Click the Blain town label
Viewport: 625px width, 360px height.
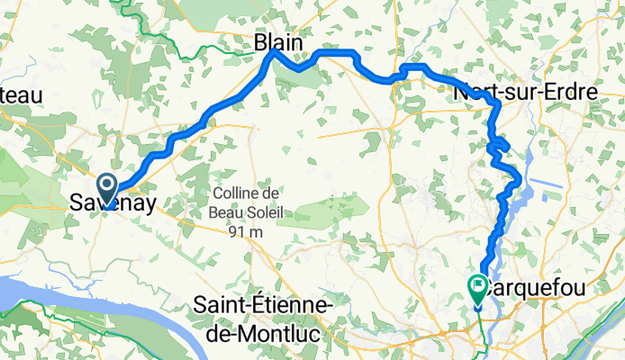(277, 42)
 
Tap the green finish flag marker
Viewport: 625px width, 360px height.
(477, 289)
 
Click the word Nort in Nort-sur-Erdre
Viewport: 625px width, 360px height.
(476, 92)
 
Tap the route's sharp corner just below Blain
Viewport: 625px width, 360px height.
(274, 55)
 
